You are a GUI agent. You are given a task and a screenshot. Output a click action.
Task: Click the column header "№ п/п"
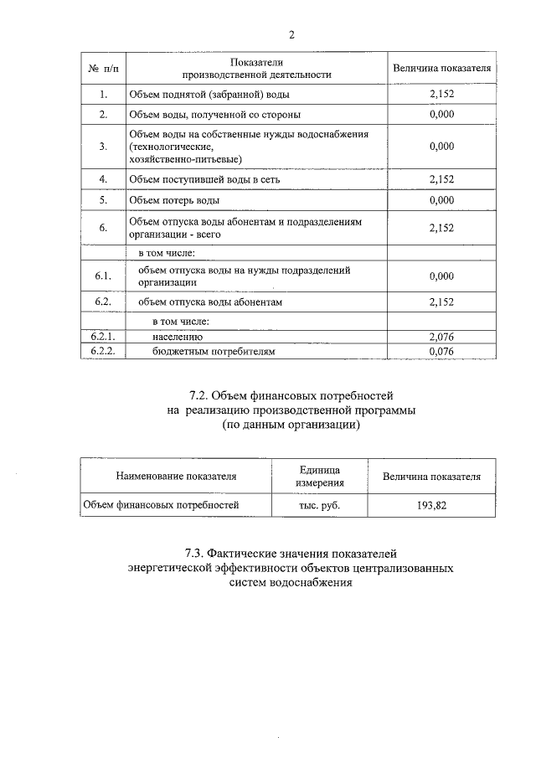102,68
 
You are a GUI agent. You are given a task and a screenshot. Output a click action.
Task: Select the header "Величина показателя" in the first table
441,68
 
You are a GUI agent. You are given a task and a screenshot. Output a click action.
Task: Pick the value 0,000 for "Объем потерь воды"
441,201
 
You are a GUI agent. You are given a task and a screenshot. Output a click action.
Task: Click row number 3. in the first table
102,147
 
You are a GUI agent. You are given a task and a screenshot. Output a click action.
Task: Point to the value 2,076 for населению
441,337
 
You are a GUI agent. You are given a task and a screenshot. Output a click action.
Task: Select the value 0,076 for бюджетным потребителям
441,352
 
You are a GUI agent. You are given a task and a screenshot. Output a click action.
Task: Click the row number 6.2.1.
102,337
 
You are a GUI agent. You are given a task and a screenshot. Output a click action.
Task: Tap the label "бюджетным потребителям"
213,352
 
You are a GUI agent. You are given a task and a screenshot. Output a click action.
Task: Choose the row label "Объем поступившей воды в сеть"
210,179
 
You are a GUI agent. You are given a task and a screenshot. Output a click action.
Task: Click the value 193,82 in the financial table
431,505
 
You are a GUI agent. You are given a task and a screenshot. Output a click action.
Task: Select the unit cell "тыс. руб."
319,505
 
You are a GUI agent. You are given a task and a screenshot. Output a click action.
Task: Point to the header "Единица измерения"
319,476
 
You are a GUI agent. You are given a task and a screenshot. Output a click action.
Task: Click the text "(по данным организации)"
291,425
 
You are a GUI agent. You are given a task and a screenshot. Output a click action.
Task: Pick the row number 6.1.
102,276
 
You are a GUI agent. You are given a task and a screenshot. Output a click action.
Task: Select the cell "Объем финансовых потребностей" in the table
161,505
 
